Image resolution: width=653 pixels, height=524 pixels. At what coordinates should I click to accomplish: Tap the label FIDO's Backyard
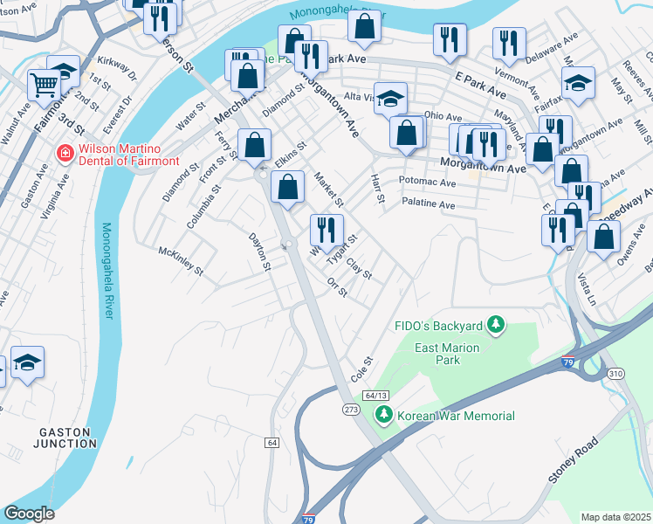click(x=436, y=326)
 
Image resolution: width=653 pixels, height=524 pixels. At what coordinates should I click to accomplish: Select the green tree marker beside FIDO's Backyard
click(x=496, y=326)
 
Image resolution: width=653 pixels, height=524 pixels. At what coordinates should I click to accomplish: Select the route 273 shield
click(x=351, y=410)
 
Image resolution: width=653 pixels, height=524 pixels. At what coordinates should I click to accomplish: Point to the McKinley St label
click(x=181, y=260)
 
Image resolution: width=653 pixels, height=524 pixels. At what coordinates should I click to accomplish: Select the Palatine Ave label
click(x=429, y=204)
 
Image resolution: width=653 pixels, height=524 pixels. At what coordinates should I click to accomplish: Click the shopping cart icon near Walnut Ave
click(x=43, y=85)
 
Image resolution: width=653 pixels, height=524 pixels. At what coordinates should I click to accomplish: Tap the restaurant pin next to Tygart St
click(x=326, y=231)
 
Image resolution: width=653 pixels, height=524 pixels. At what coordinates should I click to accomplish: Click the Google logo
click(x=30, y=514)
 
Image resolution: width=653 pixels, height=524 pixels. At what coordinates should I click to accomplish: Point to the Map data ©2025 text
click(x=615, y=517)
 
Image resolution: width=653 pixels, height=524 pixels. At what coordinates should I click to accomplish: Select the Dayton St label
click(x=260, y=251)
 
